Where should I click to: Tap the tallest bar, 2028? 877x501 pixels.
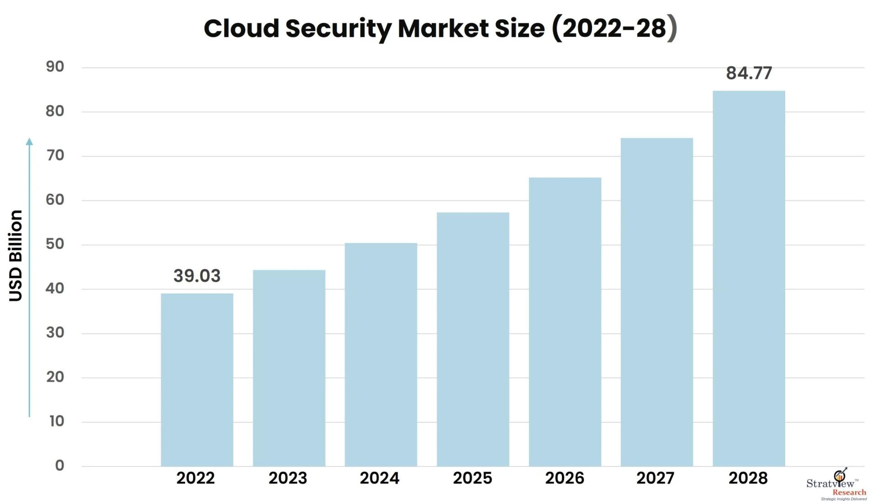(x=749, y=278)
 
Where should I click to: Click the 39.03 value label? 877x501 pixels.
(x=197, y=276)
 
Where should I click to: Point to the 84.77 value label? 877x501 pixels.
(x=749, y=73)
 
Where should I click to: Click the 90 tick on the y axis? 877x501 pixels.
(x=55, y=67)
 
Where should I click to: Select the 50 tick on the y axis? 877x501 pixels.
(x=55, y=244)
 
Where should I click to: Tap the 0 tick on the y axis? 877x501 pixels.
(x=59, y=465)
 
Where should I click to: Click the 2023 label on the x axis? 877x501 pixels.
(x=287, y=478)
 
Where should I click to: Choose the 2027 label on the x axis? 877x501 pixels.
(x=655, y=478)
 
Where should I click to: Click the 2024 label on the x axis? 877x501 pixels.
(x=379, y=478)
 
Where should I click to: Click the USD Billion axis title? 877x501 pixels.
(x=16, y=256)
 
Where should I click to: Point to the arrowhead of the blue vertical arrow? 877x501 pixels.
(x=29, y=141)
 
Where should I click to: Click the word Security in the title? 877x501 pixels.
(x=338, y=29)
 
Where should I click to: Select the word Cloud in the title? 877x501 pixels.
(x=241, y=28)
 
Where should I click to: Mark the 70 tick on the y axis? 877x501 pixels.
(x=55, y=156)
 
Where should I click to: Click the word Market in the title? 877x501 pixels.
(x=443, y=28)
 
